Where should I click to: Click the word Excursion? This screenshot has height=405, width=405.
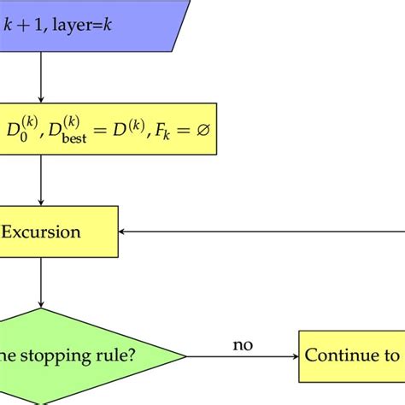click(x=41, y=232)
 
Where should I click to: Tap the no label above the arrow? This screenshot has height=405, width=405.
click(x=243, y=344)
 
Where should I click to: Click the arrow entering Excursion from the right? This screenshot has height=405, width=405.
click(x=256, y=232)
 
